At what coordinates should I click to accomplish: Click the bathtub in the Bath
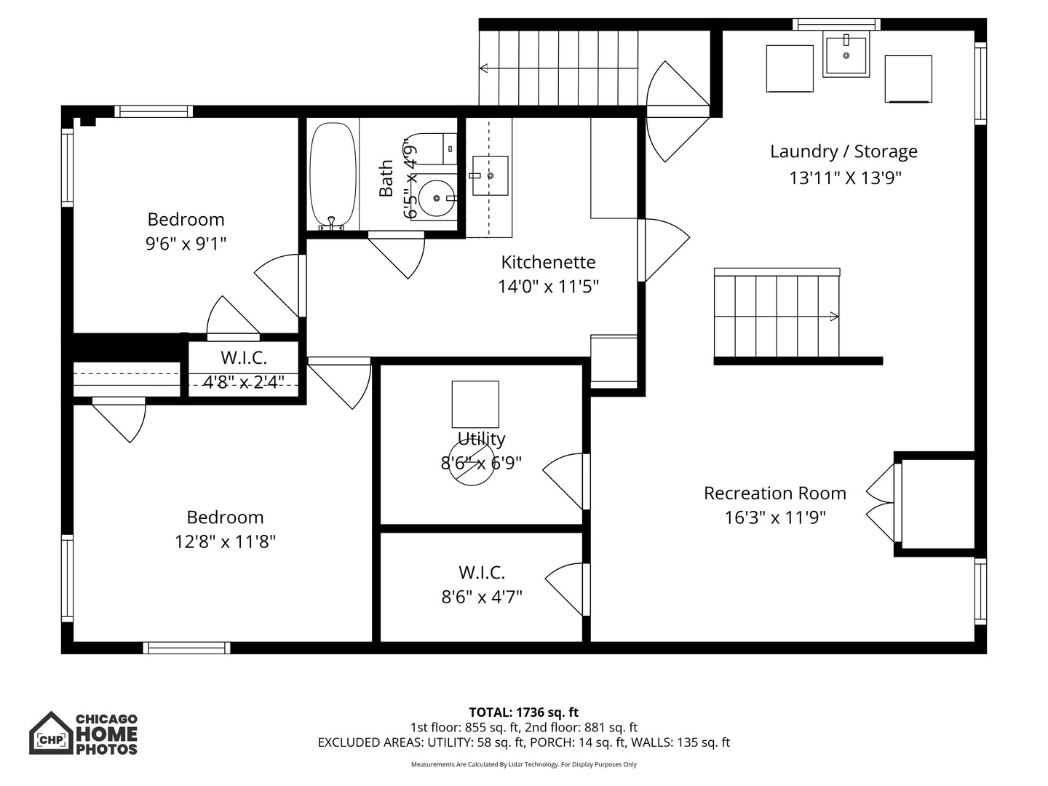333,177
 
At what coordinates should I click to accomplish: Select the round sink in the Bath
437,198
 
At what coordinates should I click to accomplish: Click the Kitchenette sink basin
490,175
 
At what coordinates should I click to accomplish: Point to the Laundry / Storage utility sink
846,54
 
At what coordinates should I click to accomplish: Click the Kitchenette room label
548,262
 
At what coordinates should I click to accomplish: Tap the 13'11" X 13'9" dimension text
845,178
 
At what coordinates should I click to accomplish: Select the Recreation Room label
775,493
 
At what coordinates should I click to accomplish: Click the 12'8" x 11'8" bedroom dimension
225,541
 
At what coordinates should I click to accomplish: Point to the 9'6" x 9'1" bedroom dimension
186,244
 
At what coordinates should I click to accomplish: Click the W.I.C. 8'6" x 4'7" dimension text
482,597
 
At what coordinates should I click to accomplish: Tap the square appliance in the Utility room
475,404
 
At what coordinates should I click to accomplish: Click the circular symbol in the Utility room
472,462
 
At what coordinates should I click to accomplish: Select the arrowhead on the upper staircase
484,68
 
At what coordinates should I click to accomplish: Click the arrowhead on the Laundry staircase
834,317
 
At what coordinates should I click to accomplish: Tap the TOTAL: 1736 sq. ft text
524,712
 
